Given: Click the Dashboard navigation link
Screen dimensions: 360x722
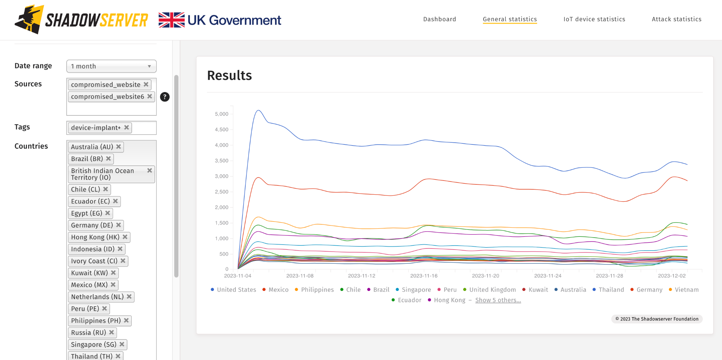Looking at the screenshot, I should pos(439,19).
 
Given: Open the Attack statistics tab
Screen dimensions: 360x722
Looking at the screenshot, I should pos(676,19).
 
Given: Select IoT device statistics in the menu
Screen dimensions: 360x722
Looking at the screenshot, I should pos(594,19).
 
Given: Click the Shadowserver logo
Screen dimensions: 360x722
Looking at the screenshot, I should pos(81,20).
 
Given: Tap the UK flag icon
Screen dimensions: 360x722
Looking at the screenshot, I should pos(171,20).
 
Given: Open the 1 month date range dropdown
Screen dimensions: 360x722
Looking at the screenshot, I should pos(111,66).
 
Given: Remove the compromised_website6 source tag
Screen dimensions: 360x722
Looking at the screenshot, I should pos(150,96).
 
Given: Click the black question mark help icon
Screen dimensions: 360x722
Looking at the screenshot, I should pos(165,97).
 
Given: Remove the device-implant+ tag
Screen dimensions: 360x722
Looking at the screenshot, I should pos(126,127).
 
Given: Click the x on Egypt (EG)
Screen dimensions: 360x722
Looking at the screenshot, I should pos(108,213).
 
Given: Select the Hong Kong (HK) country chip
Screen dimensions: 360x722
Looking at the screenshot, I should pos(95,237).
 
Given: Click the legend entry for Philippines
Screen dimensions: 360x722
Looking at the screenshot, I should pos(317,290).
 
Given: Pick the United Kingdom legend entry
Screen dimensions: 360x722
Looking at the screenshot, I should pos(492,290).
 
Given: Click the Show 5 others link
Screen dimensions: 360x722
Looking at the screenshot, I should pos(498,300).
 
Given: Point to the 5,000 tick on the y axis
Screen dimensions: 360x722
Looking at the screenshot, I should pos(222,114).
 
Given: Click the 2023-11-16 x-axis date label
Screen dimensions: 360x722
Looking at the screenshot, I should pos(424,276).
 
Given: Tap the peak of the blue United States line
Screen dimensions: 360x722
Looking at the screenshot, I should pos(258,110).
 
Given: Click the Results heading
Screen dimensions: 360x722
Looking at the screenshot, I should pos(229,75).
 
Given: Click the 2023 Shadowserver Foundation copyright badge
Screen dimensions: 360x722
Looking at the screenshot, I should pos(657,319).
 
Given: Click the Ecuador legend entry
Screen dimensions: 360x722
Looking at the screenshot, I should pos(409,300).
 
